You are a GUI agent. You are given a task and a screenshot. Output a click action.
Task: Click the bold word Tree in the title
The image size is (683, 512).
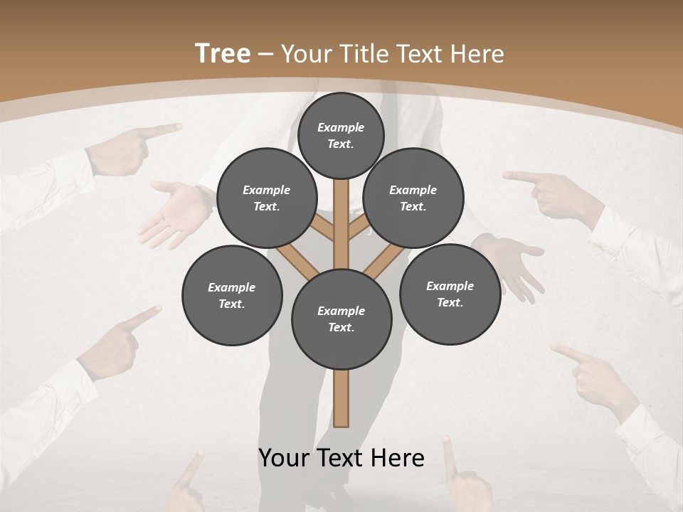point(223,53)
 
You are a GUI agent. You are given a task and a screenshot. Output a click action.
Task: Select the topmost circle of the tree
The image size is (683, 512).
point(341,135)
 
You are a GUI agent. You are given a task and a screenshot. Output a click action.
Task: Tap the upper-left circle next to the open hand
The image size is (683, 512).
point(267,198)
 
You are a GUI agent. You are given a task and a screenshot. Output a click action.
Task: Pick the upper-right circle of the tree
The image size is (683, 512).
point(413,198)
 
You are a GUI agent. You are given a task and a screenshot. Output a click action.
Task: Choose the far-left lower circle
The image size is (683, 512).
point(232,295)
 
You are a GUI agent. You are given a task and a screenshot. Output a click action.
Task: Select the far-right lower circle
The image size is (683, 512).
point(450,294)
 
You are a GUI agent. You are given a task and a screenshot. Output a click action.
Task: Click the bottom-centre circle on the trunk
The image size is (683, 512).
point(341,319)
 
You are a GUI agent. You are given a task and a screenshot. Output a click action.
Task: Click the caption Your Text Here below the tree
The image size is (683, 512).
point(341,458)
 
